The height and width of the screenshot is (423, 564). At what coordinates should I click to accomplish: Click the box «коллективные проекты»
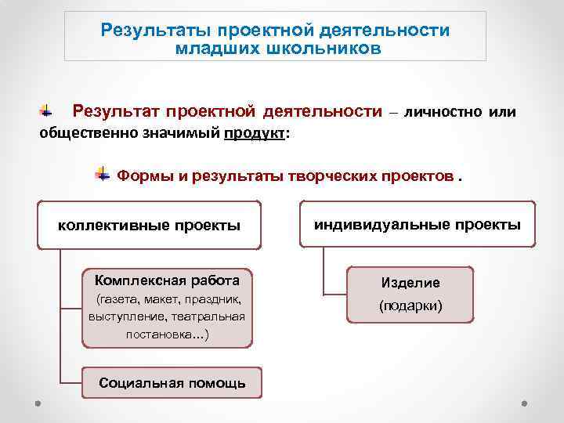tap(150, 226)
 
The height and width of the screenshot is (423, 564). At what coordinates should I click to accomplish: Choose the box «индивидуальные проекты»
tap(417, 225)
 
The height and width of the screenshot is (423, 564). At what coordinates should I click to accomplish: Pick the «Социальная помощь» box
tap(172, 383)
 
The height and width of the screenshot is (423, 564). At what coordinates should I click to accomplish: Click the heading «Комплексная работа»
tap(167, 280)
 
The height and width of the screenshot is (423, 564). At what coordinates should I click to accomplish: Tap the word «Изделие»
tap(410, 283)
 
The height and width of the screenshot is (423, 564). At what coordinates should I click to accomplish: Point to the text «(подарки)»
tap(410, 305)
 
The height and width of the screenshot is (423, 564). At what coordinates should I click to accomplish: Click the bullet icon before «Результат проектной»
tap(47, 111)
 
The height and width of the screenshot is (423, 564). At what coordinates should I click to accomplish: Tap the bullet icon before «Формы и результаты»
tap(102, 172)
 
